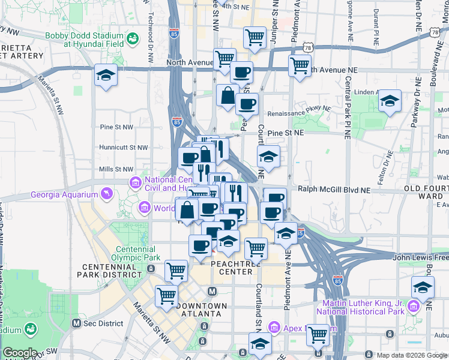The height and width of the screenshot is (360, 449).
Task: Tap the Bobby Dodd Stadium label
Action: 84,40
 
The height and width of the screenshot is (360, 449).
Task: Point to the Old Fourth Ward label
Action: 426,192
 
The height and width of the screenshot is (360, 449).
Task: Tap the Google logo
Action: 19,353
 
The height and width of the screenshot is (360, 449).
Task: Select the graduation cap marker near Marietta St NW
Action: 106,76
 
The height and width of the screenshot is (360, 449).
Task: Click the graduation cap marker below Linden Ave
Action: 390,102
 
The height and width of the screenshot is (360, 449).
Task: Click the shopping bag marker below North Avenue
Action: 228,96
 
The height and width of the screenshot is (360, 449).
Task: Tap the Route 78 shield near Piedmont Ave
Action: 307,46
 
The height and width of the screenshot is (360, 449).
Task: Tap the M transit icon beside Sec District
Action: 76,323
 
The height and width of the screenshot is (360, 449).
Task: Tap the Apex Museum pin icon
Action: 274,328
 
